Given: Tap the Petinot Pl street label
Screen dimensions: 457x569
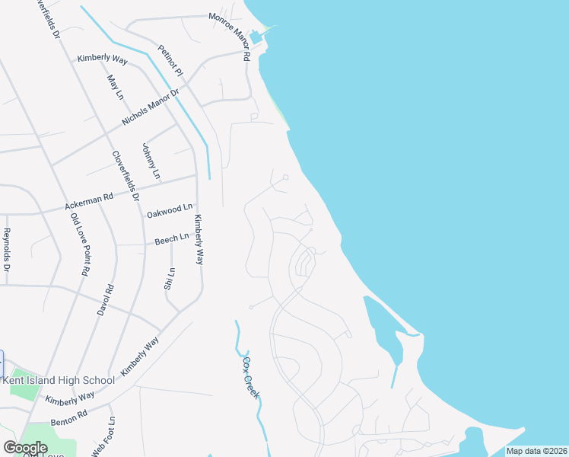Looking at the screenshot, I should [x=170, y=60].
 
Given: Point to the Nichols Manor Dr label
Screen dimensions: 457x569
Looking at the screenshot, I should [x=150, y=109].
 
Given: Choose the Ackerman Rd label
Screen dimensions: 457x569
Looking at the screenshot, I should [x=89, y=201].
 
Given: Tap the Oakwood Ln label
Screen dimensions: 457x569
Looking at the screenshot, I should [x=169, y=209].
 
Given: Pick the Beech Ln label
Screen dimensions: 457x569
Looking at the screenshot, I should [x=171, y=239].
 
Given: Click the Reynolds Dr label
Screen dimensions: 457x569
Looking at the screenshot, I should [x=7, y=249].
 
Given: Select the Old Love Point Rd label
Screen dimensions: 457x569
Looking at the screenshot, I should [x=80, y=244].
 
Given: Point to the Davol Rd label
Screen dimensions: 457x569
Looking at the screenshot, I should [x=106, y=300].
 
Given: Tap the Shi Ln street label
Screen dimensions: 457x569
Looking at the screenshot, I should [x=171, y=279].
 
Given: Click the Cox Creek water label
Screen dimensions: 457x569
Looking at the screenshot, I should [x=252, y=378].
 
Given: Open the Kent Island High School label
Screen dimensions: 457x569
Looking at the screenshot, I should [x=59, y=380].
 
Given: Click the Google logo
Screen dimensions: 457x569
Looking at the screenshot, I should [x=25, y=448].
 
